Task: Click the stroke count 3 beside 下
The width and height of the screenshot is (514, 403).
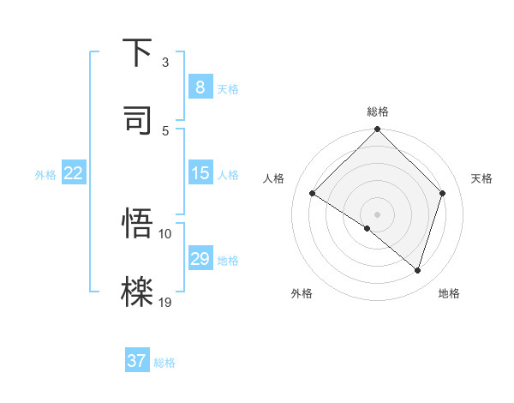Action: pos(165,63)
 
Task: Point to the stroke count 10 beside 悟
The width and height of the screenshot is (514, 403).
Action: pos(165,233)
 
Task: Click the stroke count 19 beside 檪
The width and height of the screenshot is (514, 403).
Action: pos(165,302)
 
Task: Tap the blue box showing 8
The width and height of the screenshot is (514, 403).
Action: pos(200,87)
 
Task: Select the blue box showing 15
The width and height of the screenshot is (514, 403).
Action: pos(200,173)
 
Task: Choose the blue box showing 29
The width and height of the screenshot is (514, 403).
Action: pos(200,259)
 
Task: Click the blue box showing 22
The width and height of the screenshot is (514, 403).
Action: pos(73,173)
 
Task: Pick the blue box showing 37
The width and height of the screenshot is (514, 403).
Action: pos(137,361)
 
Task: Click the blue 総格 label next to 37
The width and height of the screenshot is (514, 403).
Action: pos(164,363)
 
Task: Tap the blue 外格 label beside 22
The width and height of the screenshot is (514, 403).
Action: pos(45,175)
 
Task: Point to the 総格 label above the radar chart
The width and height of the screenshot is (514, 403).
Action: pos(378,111)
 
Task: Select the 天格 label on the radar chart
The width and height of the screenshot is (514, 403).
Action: pos(482,178)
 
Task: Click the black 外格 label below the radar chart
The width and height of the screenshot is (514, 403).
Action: pos(302,294)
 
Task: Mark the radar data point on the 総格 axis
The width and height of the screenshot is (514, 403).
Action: pos(378,130)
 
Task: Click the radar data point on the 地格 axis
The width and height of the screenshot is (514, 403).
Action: pos(418,270)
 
